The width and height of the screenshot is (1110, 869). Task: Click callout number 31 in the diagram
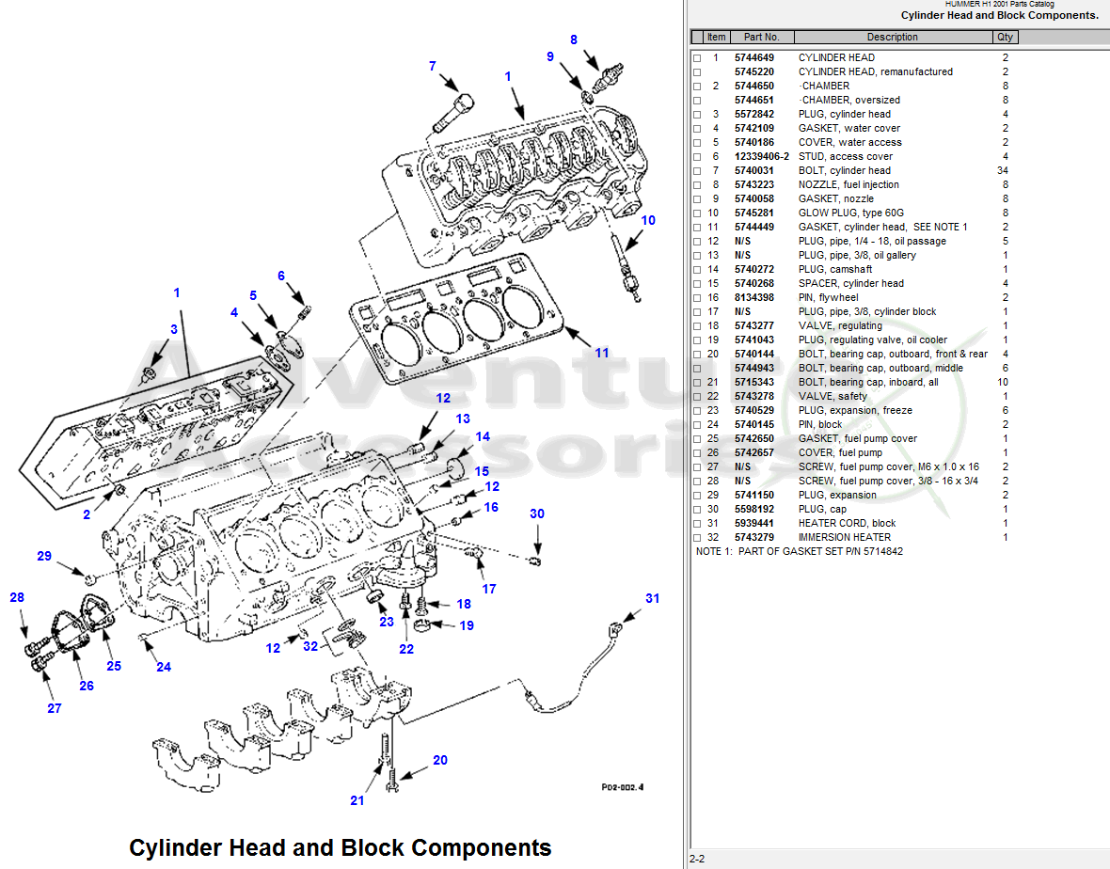(652, 599)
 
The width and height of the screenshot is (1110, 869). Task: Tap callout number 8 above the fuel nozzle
(574, 39)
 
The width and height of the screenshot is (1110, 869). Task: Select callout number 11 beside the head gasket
(601, 353)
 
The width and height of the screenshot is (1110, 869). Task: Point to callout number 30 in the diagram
(537, 513)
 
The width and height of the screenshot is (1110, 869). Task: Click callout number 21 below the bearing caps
(357, 800)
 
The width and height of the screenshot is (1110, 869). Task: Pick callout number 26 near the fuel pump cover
(87, 686)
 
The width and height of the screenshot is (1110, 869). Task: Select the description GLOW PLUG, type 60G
(850, 213)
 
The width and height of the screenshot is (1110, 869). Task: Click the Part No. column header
(761, 37)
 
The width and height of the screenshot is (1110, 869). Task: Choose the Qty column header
(1006, 37)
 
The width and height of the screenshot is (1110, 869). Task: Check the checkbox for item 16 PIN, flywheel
(697, 298)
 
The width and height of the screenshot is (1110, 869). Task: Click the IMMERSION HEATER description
(844, 537)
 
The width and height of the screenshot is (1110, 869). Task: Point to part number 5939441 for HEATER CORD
(753, 523)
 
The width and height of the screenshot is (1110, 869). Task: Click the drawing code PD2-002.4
(627, 789)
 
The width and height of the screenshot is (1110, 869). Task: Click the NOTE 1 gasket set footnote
(799, 551)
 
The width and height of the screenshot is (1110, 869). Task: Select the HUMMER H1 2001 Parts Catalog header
(999, 5)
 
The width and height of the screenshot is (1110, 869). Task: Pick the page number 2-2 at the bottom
(697, 859)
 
